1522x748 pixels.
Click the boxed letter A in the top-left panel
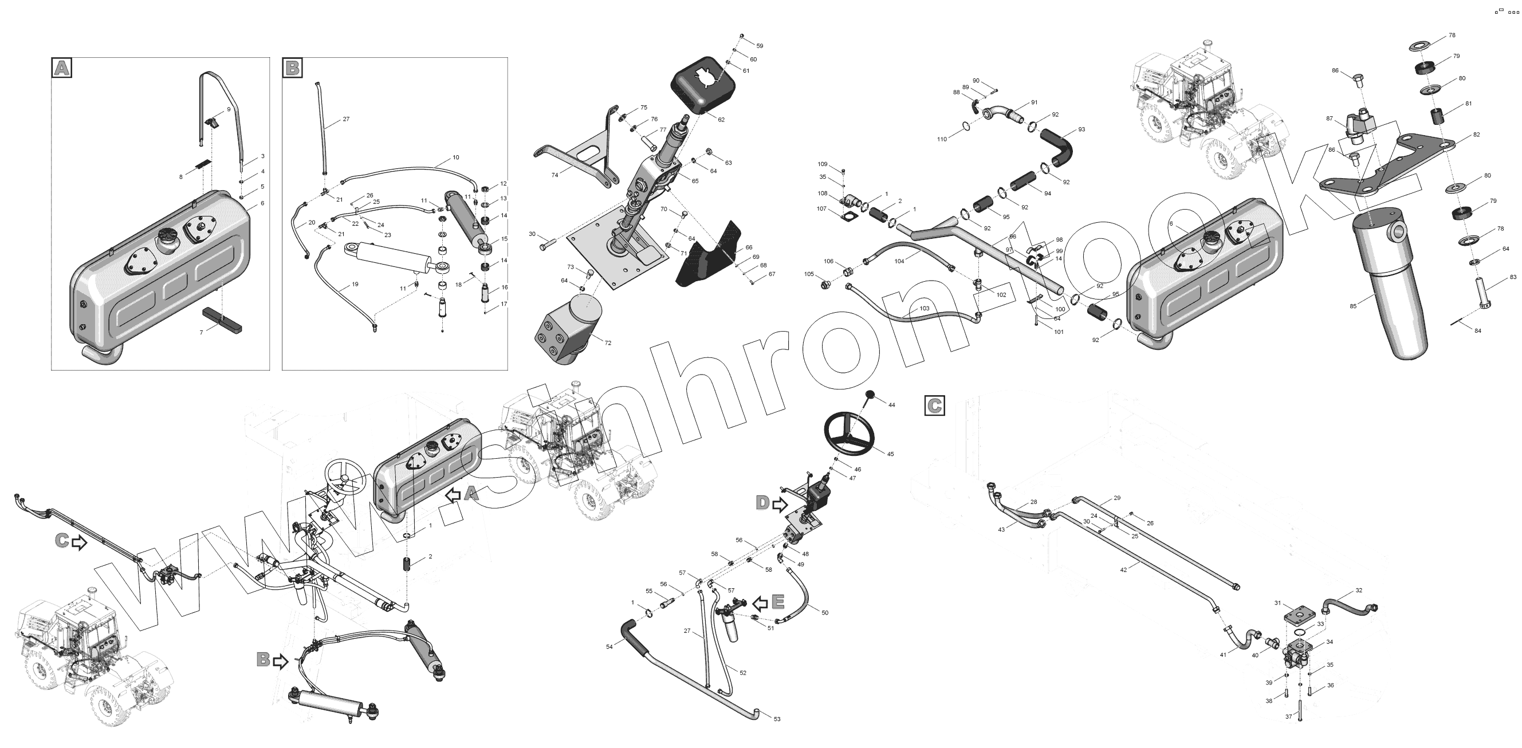[x=61, y=68]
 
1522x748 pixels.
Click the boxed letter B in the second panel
[x=292, y=68]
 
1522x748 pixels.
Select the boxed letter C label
[x=934, y=406]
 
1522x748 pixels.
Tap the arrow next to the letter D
[x=780, y=504]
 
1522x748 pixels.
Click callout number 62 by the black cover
[x=721, y=119]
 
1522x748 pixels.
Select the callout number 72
[x=608, y=342]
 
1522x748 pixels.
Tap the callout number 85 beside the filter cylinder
[x=1353, y=305]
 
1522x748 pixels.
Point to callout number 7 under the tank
[x=201, y=333]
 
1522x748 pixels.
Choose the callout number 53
[x=777, y=719]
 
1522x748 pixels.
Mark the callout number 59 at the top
[x=760, y=45]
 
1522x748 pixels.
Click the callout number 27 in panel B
[x=346, y=119]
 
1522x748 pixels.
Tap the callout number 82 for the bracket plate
[x=1477, y=135]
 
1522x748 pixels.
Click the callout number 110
[x=942, y=139]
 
